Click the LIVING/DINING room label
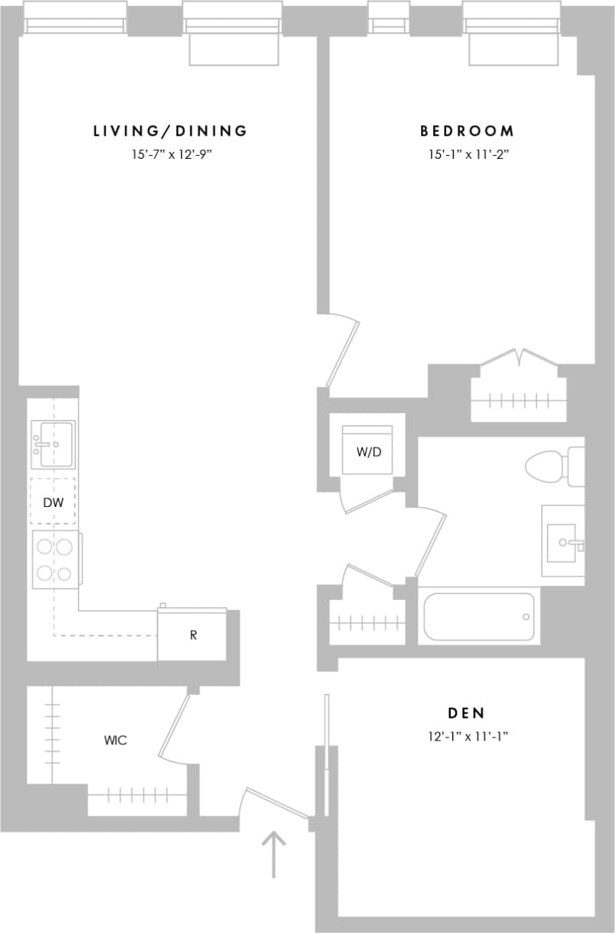point(170,131)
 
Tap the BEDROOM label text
point(467,131)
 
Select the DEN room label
point(466,713)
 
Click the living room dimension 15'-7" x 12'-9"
point(170,154)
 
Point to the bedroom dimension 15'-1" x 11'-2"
point(468,154)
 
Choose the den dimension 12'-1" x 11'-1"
point(467,737)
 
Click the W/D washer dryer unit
point(368,451)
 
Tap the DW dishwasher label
point(53,502)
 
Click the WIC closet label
point(115,740)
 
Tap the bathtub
point(479,616)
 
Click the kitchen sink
point(53,444)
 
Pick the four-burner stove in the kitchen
point(55,560)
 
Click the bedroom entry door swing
point(341,354)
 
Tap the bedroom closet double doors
point(520,360)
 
